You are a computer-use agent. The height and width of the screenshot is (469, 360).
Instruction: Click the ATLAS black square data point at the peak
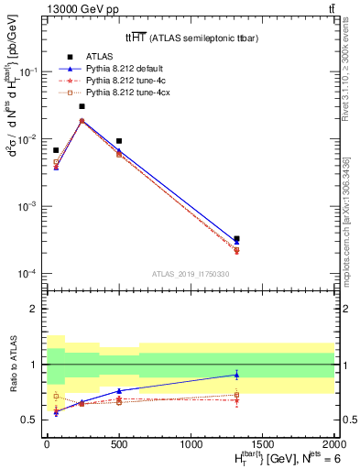pyautogui.click(x=82, y=106)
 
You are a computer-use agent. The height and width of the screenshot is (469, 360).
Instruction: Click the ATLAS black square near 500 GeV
pyautogui.click(x=119, y=141)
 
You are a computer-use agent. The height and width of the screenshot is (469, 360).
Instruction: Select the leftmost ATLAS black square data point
pyautogui.click(x=56, y=150)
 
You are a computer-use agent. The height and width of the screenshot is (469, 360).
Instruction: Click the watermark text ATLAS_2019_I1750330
pyautogui.click(x=191, y=273)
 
